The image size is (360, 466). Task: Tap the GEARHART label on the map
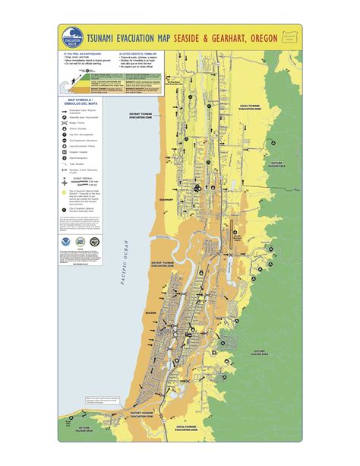click(166, 200)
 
